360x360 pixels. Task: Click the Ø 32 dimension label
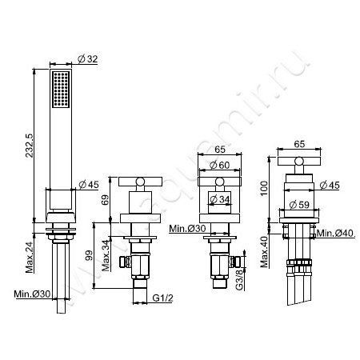click(88, 59)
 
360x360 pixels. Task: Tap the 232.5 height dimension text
click(29, 145)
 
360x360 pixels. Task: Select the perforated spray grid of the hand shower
click(61, 90)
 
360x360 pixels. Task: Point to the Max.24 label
click(30, 257)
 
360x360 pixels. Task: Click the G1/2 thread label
click(162, 298)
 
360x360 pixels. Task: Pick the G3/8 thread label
click(240, 279)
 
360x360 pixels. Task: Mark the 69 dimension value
click(105, 200)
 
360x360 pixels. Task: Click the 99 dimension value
click(89, 255)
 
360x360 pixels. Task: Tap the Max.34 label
click(106, 256)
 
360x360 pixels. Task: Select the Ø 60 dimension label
click(219, 166)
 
